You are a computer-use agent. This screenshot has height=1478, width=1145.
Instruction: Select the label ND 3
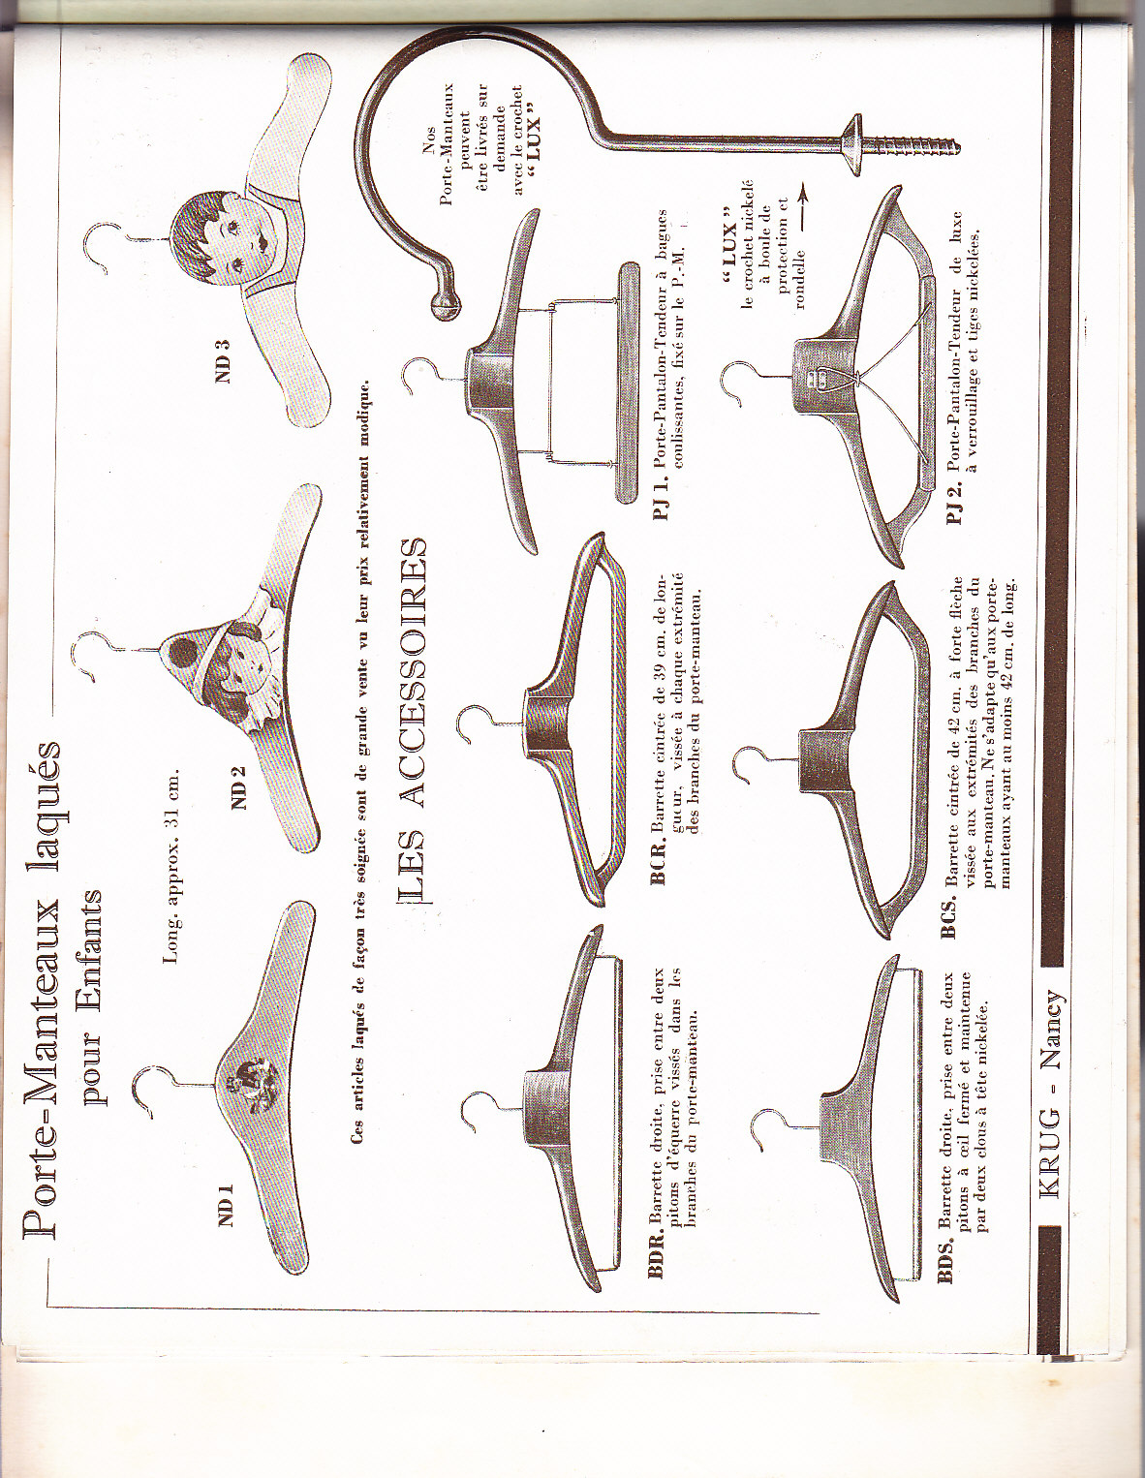tap(224, 360)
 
